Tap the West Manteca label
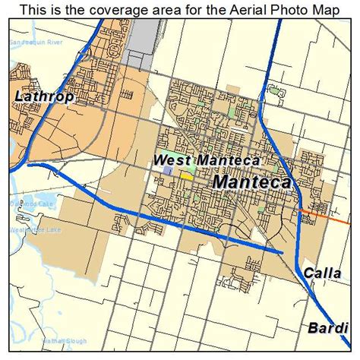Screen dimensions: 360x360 (207, 160)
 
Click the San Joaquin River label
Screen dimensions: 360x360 (34, 43)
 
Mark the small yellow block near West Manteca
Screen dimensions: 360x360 (186, 175)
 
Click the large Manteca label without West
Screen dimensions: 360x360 (252, 183)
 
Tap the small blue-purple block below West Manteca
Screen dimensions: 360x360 (168, 172)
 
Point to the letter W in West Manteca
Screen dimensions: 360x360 (159, 160)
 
